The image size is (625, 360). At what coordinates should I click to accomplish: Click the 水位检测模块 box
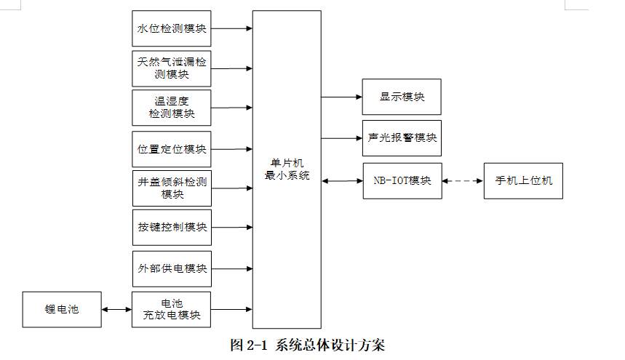(x=171, y=29)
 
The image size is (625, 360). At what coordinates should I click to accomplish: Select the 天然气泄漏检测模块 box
(x=171, y=68)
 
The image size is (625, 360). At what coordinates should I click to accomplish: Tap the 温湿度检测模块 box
(x=171, y=108)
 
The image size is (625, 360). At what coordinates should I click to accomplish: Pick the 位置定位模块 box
(x=171, y=149)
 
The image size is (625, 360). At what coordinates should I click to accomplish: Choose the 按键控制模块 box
(x=171, y=228)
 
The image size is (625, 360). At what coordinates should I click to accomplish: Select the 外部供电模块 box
(x=171, y=268)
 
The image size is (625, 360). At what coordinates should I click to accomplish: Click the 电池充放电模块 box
(x=171, y=309)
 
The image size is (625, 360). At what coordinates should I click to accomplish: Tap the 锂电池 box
(x=62, y=309)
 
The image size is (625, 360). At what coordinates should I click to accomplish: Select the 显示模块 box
(x=402, y=97)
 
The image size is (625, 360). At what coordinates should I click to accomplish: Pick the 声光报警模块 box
(x=402, y=137)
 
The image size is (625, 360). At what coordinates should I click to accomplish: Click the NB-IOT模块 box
(x=402, y=180)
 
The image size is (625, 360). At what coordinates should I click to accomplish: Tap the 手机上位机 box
(x=523, y=180)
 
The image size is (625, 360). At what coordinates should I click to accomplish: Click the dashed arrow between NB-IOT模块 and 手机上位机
(x=463, y=180)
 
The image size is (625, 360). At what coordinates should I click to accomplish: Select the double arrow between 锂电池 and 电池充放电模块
(x=116, y=310)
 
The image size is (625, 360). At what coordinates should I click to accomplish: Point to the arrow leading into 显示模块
(x=342, y=97)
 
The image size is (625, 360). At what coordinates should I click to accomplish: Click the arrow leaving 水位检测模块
(x=231, y=29)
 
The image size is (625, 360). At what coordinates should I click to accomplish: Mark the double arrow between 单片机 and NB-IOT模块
(x=342, y=180)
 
